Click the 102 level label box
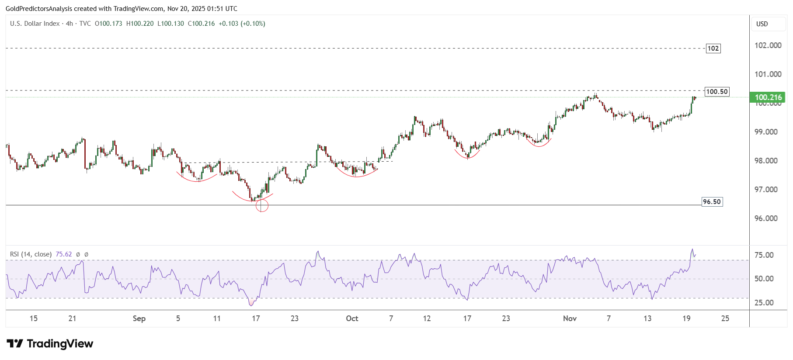tap(713, 48)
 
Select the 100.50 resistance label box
tap(717, 92)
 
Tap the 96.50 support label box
tap(712, 202)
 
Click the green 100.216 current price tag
tap(768, 97)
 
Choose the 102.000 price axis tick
tap(768, 45)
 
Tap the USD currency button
tap(762, 24)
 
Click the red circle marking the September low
tap(261, 205)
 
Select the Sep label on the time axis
tap(139, 318)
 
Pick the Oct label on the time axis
tap(352, 318)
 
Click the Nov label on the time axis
tap(570, 318)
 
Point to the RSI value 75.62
tap(64, 254)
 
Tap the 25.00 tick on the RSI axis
tap(764, 303)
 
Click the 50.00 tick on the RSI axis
tap(764, 279)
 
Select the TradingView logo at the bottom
tap(50, 344)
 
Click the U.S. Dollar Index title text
tap(35, 24)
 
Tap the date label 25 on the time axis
tap(725, 318)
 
